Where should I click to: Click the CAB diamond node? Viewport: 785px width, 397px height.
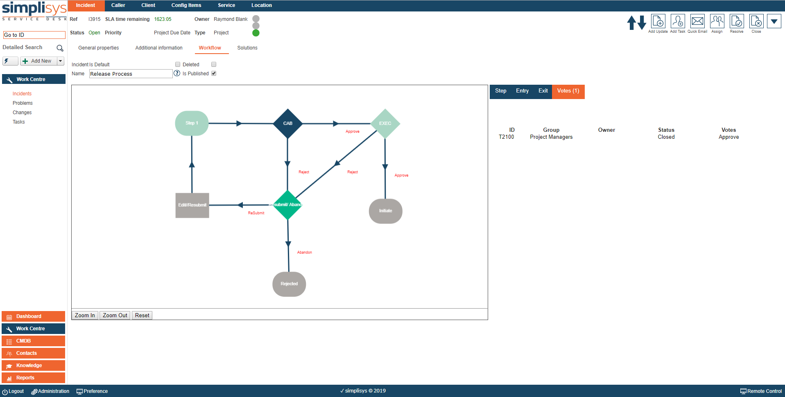coord(288,123)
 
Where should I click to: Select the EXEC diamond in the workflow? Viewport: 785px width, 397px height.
coord(385,123)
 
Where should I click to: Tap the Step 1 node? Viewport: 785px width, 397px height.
coord(192,123)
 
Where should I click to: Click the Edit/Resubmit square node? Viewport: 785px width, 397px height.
coord(192,205)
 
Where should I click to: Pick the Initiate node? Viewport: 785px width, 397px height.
coord(385,211)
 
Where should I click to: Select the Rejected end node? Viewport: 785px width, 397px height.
coord(289,284)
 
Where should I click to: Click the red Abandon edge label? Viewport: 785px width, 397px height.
coord(304,253)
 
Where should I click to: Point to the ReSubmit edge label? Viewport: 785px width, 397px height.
coord(256,213)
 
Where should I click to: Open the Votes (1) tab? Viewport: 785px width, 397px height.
coord(568,91)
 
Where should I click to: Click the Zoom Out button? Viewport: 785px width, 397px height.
coord(115,315)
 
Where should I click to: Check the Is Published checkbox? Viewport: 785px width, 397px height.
coord(214,74)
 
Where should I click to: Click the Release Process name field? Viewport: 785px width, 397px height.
coord(130,74)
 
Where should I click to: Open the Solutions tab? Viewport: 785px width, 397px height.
coord(247,48)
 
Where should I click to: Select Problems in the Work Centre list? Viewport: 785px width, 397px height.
coord(23,103)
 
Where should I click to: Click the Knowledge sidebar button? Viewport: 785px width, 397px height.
coord(34,365)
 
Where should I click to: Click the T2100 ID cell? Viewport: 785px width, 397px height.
coord(506,137)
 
